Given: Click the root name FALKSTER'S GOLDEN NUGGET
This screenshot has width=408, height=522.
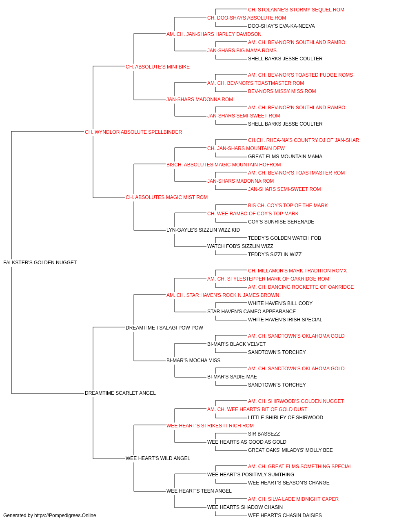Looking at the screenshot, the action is click(x=40, y=263).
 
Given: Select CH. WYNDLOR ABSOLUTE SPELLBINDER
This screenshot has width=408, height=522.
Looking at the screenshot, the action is click(x=133, y=132).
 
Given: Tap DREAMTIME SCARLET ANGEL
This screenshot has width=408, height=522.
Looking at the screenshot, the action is click(x=120, y=393).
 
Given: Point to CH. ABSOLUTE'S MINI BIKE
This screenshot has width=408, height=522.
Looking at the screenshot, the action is click(x=157, y=67).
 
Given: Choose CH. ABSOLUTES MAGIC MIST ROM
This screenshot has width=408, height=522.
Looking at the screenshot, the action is click(x=166, y=197).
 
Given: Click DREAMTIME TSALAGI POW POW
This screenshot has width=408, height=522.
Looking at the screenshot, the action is click(x=164, y=327).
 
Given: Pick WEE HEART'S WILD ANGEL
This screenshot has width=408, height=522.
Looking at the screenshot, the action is click(x=158, y=458).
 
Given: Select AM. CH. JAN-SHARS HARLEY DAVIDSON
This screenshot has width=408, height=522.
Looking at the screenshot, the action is click(x=214, y=34).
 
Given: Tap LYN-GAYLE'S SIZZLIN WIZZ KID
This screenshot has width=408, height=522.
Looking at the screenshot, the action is click(x=203, y=230).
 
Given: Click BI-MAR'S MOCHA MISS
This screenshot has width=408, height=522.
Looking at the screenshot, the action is click(x=193, y=361).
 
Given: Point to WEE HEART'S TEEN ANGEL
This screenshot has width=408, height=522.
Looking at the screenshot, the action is click(x=199, y=491).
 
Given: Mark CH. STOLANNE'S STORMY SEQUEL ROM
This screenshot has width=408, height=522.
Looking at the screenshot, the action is click(x=296, y=10).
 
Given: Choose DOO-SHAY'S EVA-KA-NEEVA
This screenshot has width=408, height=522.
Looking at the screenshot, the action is click(x=282, y=26).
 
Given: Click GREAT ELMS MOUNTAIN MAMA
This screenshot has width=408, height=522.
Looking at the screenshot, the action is click(x=285, y=156).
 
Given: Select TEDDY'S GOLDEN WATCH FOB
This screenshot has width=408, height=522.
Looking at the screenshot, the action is click(x=284, y=238).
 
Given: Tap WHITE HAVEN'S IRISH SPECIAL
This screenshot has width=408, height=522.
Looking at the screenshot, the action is click(x=285, y=319).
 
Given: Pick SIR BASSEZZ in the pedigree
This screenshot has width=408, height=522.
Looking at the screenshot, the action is click(x=264, y=434).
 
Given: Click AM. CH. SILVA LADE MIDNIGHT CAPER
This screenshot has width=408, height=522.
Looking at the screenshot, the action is click(x=293, y=499).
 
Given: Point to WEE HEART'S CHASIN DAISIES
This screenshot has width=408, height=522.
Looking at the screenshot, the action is click(x=285, y=515).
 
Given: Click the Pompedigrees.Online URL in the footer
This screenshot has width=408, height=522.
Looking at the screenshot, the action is click(x=65, y=515).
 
